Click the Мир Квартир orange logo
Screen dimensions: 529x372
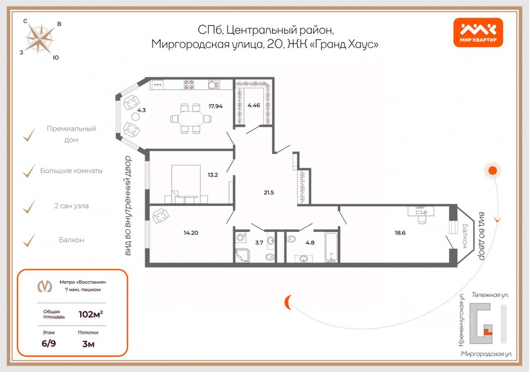tap(478, 32)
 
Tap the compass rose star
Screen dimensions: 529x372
tap(40, 39)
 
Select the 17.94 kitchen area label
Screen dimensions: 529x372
tap(216, 106)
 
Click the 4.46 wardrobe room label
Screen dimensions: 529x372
tap(254, 105)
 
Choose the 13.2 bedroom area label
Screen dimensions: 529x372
tap(212, 174)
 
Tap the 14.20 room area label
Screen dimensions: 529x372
tap(191, 233)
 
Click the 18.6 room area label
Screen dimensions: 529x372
tap(400, 233)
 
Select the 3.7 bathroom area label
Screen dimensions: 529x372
tap(259, 243)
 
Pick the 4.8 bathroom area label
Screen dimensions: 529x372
tap(310, 243)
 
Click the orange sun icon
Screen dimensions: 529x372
tap(492, 170)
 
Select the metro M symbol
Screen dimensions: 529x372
tap(45, 286)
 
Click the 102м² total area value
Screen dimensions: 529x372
tap(91, 314)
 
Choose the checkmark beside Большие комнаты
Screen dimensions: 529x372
tap(29, 171)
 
